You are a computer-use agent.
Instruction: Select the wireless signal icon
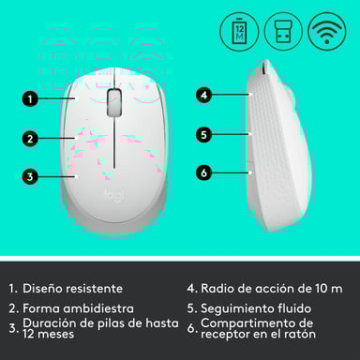click(328, 32)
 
